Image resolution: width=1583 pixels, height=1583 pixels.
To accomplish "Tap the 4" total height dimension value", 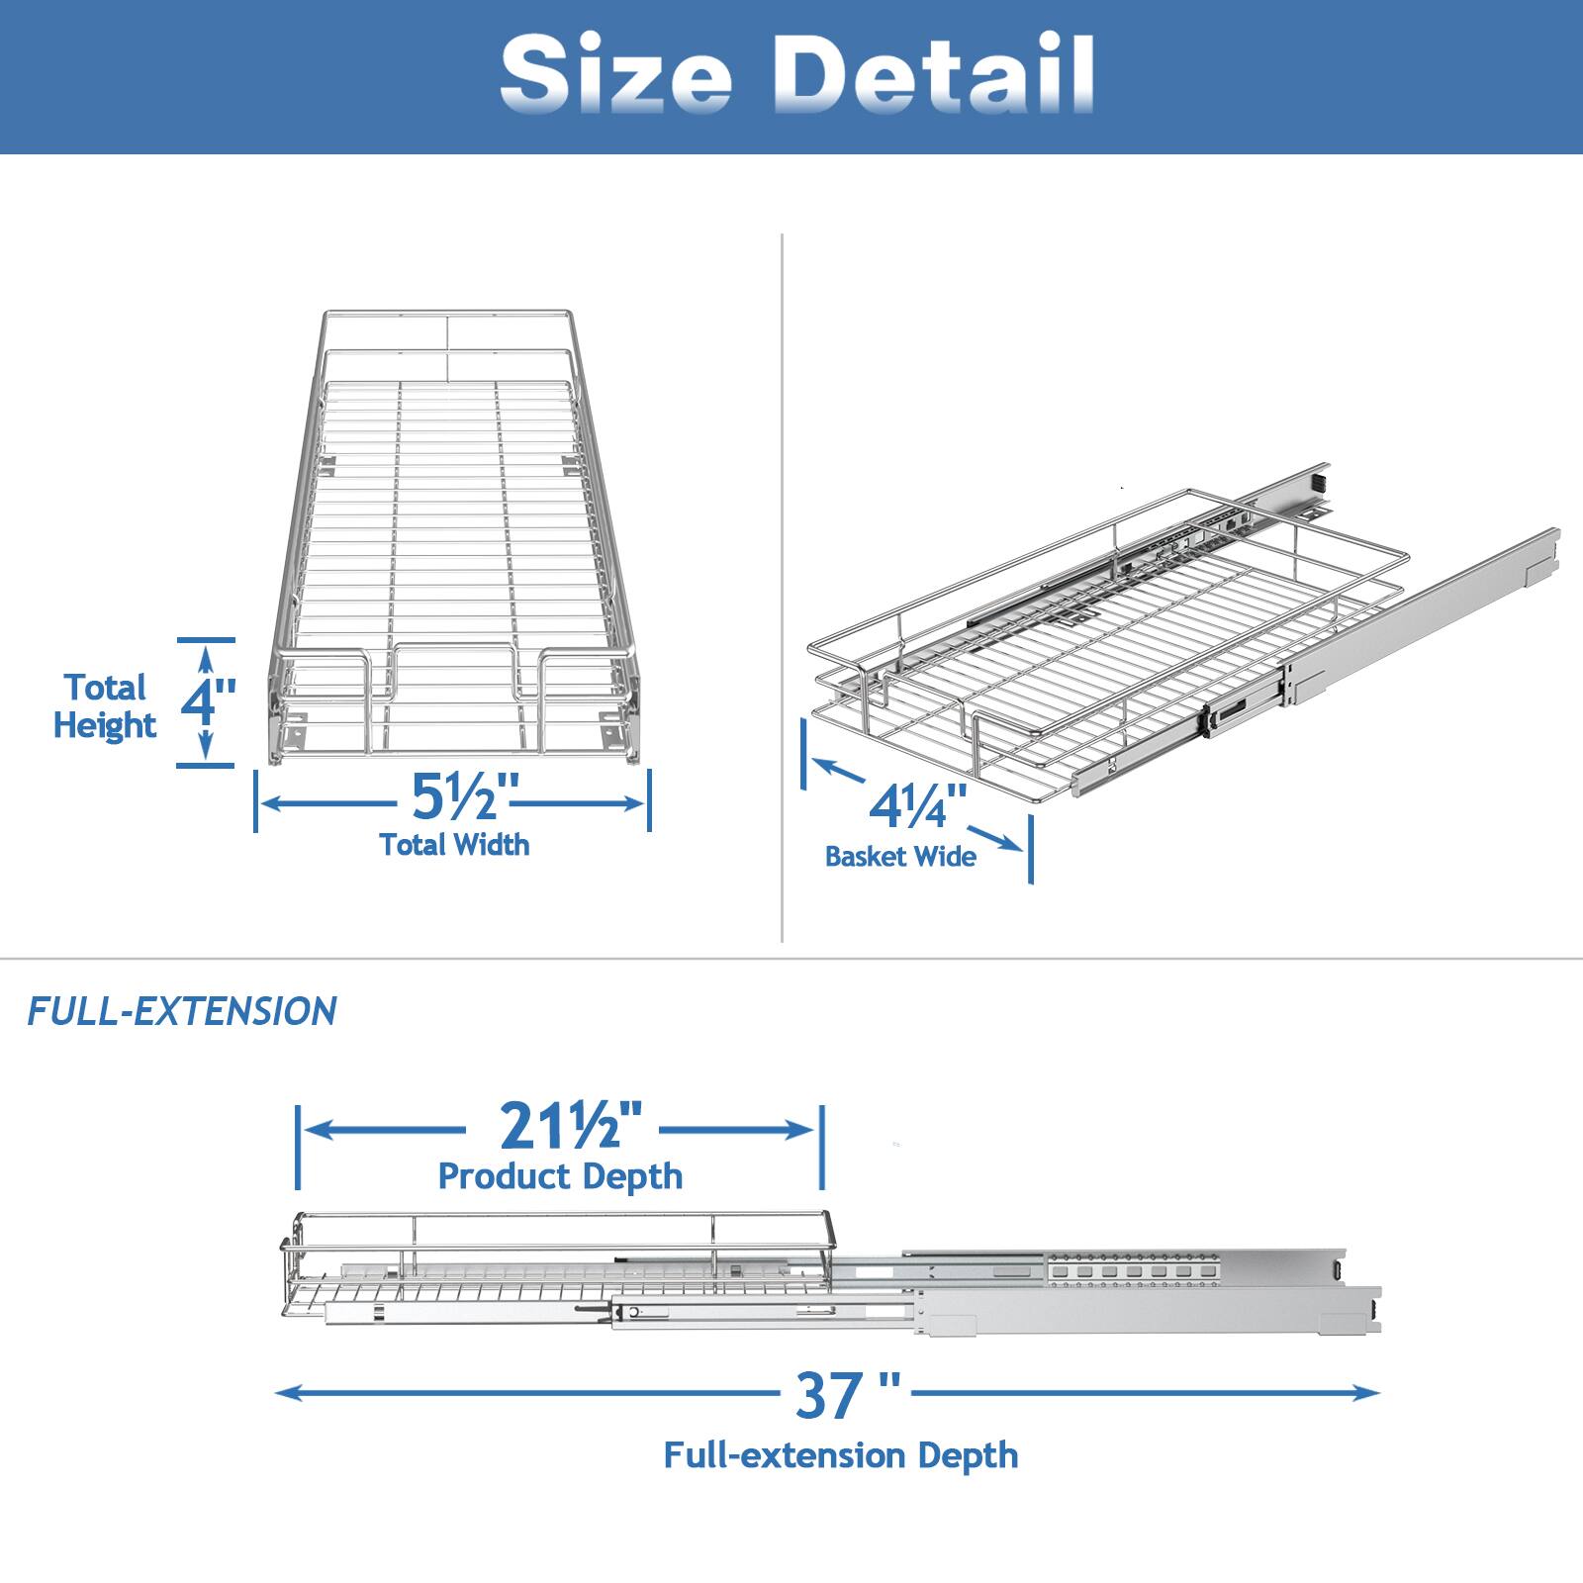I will [x=208, y=700].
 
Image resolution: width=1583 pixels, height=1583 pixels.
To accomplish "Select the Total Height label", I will [x=104, y=706].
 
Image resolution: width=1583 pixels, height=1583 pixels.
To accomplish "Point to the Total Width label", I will [x=454, y=844].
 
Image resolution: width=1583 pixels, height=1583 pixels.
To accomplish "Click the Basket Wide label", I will [x=900, y=856].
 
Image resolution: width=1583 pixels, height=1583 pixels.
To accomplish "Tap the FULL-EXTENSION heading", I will [x=182, y=1011].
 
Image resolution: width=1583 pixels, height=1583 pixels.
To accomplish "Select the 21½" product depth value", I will [x=561, y=1126].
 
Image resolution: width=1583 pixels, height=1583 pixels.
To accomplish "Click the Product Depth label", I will [x=560, y=1176].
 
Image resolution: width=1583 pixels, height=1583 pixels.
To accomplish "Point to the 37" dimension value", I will [x=846, y=1396].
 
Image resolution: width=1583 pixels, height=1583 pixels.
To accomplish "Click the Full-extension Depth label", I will [x=840, y=1455].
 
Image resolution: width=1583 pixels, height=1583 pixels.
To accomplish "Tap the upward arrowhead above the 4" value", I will [x=206, y=655].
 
